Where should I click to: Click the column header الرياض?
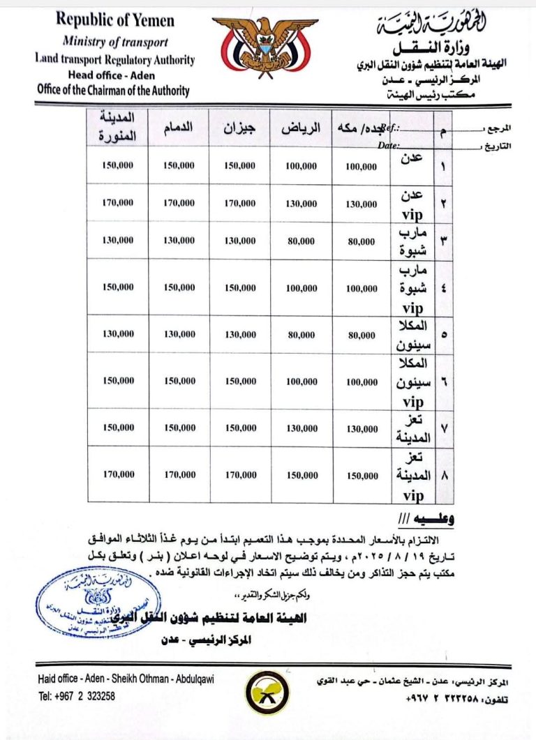[x=301, y=129]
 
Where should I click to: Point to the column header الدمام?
[x=179, y=129]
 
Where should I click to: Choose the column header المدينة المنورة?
[x=118, y=128]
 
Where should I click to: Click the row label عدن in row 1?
[x=413, y=159]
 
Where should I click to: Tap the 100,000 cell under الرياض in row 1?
[x=301, y=167]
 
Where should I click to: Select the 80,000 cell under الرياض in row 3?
[x=301, y=241]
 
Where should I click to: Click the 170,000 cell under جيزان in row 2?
[x=240, y=203]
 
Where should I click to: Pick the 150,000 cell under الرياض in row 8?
[x=301, y=474]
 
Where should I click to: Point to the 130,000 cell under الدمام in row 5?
[x=179, y=334]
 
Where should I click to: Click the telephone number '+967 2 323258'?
[x=77, y=695]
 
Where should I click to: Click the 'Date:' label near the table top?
[x=388, y=146]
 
